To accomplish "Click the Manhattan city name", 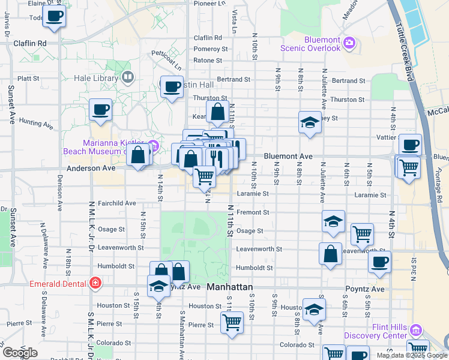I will (229, 287).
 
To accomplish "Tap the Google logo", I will (20, 353).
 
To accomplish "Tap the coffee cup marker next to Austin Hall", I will (172, 87).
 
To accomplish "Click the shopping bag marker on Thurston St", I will (217, 111).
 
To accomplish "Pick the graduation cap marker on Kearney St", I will (309, 124).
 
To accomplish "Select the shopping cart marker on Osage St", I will (362, 234).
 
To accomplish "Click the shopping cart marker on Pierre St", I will (232, 322).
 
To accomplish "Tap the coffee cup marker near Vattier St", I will (410, 145).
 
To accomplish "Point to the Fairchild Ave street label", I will (116, 203).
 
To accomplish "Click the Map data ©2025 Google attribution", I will (412, 355).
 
